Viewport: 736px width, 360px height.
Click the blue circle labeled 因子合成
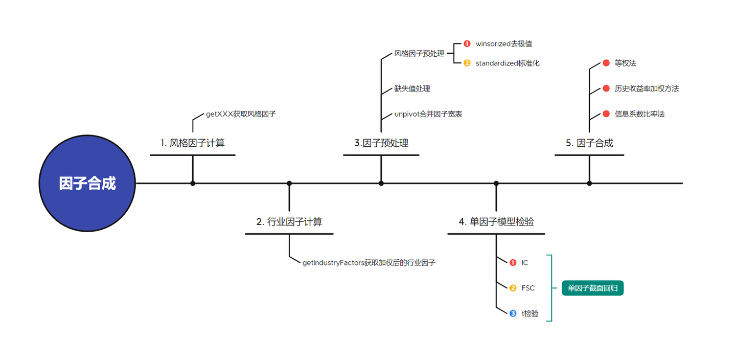(87, 183)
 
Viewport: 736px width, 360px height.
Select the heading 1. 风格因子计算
(193, 143)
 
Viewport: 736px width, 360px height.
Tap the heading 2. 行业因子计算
(289, 222)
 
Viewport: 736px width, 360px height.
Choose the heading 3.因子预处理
(381, 143)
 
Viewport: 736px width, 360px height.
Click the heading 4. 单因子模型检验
(496, 222)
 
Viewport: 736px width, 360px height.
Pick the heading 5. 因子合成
(589, 143)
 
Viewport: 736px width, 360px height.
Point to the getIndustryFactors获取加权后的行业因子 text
(369, 263)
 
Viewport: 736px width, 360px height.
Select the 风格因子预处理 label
(419, 53)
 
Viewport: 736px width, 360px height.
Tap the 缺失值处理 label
(412, 89)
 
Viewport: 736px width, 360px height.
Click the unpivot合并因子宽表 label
(428, 114)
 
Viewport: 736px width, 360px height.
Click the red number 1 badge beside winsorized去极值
(467, 44)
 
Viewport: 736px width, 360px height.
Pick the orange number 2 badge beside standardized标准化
(467, 63)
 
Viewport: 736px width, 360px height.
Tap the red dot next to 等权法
(606, 63)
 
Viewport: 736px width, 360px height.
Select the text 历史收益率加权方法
(647, 89)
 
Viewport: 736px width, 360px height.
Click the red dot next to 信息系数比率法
(606, 114)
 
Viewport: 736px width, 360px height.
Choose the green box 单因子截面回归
(592, 288)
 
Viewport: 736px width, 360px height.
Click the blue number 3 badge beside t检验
(513, 313)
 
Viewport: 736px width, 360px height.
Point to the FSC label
(528, 288)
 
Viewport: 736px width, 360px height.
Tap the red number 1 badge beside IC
(513, 263)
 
